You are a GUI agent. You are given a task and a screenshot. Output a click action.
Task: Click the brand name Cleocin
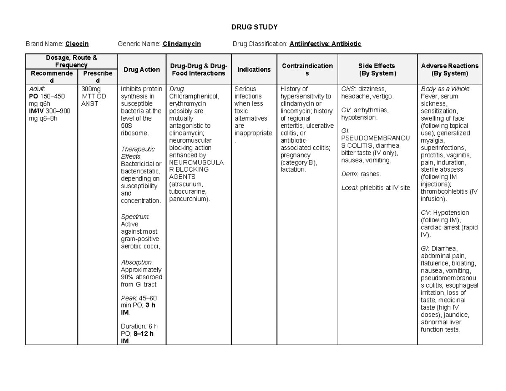pyautogui.click(x=77, y=44)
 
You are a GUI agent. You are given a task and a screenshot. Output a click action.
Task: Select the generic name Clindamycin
pyautogui.click(x=182, y=44)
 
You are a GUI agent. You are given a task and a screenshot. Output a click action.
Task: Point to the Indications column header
pyautogui.click(x=254, y=70)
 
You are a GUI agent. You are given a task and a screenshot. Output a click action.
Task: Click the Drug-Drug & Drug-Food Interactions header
pyautogui.click(x=198, y=70)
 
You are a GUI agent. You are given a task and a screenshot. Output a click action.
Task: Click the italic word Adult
pyautogui.click(x=36, y=89)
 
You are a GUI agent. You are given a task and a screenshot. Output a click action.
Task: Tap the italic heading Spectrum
pyautogui.click(x=135, y=216)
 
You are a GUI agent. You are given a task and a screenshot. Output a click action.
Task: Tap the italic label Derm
pyautogui.click(x=349, y=174)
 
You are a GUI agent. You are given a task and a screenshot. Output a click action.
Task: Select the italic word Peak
pyautogui.click(x=128, y=298)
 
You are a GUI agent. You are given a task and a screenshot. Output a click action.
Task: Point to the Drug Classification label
pyautogui.click(x=260, y=44)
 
